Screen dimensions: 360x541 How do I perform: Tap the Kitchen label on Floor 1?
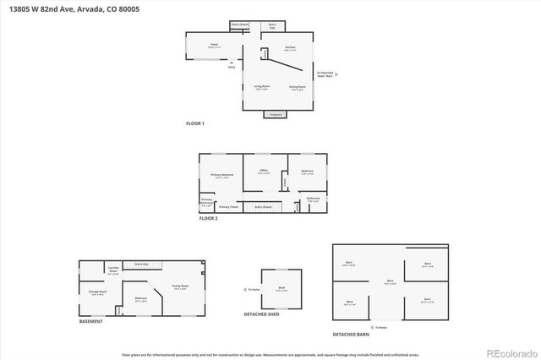click(x=289, y=47)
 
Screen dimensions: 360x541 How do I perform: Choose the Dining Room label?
click(x=297, y=86)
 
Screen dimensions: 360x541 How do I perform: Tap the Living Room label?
click(x=261, y=86)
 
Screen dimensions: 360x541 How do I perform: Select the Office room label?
click(x=263, y=171)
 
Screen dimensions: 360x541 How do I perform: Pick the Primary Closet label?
click(x=228, y=206)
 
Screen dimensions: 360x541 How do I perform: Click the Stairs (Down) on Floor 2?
click(x=263, y=206)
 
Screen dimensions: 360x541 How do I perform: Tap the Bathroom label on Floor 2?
click(x=313, y=200)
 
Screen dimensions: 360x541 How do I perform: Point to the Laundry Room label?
click(x=113, y=271)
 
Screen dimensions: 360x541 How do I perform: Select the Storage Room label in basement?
click(x=97, y=292)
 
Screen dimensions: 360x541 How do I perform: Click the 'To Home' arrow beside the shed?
click(x=252, y=290)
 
